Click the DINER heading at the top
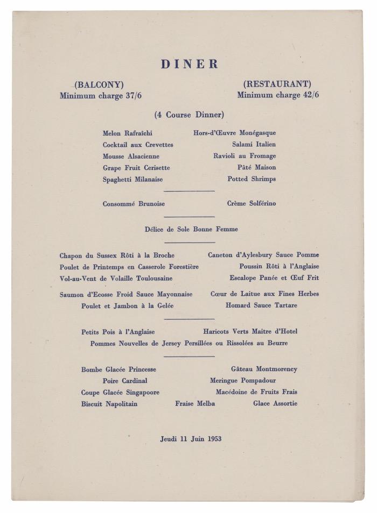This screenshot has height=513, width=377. [x=190, y=64]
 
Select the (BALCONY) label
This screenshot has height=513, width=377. [x=99, y=84]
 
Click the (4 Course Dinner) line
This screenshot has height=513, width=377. [x=189, y=115]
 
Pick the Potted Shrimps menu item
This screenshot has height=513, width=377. [x=252, y=179]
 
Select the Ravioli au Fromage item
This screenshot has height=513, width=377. [x=245, y=156]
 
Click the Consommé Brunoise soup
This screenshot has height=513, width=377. [x=134, y=204]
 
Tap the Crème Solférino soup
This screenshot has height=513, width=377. [x=252, y=204]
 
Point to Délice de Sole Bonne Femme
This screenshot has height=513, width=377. [x=191, y=229]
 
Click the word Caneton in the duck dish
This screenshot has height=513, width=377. [x=221, y=255]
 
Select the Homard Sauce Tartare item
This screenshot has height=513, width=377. [x=261, y=305]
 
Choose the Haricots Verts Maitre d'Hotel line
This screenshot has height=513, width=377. [x=250, y=332]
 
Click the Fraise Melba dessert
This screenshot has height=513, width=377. [x=195, y=403]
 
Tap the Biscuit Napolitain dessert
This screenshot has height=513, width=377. [x=109, y=404]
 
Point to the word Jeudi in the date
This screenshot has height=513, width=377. [x=169, y=439]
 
